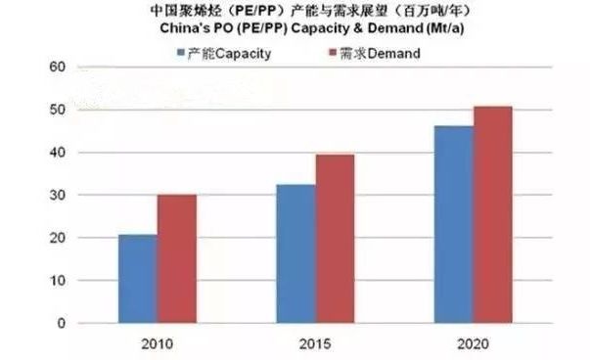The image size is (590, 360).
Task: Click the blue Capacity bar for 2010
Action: point(137,279)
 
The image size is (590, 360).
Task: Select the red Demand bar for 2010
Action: point(176,259)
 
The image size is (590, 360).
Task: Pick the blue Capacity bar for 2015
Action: point(296,253)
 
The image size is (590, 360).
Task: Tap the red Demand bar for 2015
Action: point(335,239)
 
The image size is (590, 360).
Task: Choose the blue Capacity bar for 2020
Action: point(455,224)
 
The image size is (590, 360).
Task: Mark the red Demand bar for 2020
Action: point(492,214)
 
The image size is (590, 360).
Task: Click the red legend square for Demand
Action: point(320,53)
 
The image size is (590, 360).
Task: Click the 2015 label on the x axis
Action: point(314,343)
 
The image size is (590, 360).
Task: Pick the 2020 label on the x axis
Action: point(474,343)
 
